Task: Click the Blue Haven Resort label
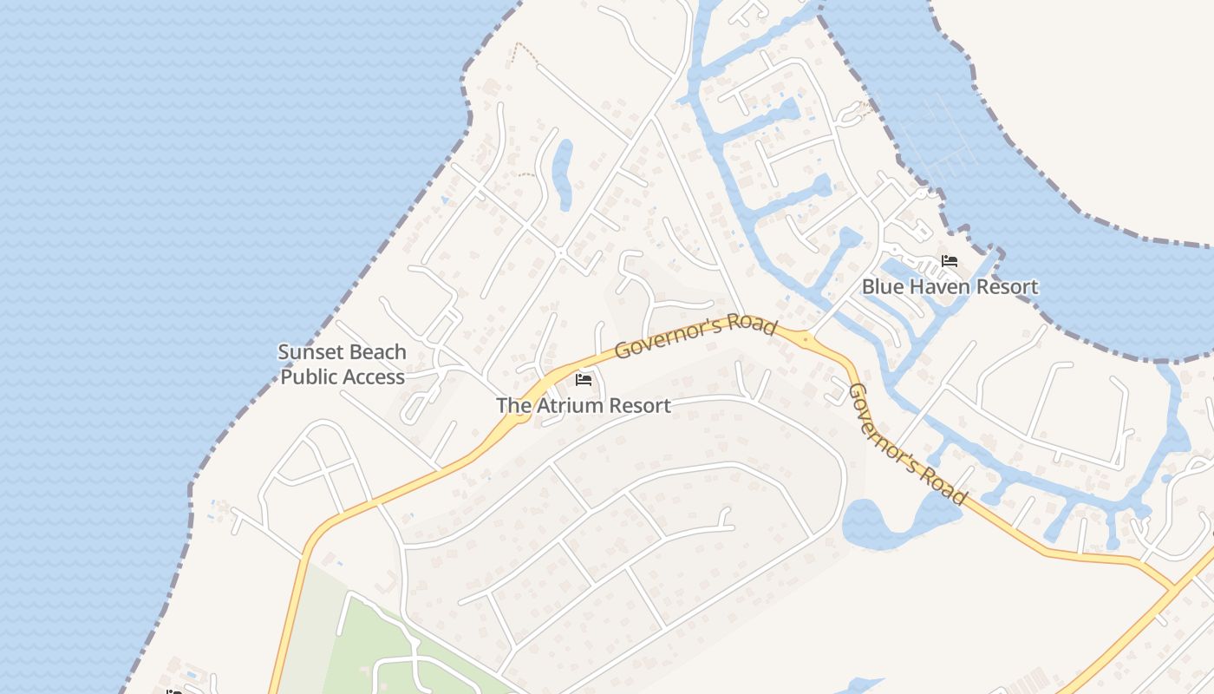coord(950,286)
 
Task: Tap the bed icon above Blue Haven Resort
coord(950,261)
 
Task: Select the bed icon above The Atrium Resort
coord(584,380)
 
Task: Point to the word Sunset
coord(310,352)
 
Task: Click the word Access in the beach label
coord(374,377)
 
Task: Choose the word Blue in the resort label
coord(881,286)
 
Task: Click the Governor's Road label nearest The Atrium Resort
coord(695,337)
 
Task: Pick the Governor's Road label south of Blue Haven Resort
coord(907,444)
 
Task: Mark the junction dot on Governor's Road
coord(806,339)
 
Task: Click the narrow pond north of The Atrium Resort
coord(563,173)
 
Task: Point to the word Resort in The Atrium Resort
coord(639,405)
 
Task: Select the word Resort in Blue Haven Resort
coord(1005,286)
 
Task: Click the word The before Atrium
coord(512,405)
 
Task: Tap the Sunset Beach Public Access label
coord(343,364)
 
